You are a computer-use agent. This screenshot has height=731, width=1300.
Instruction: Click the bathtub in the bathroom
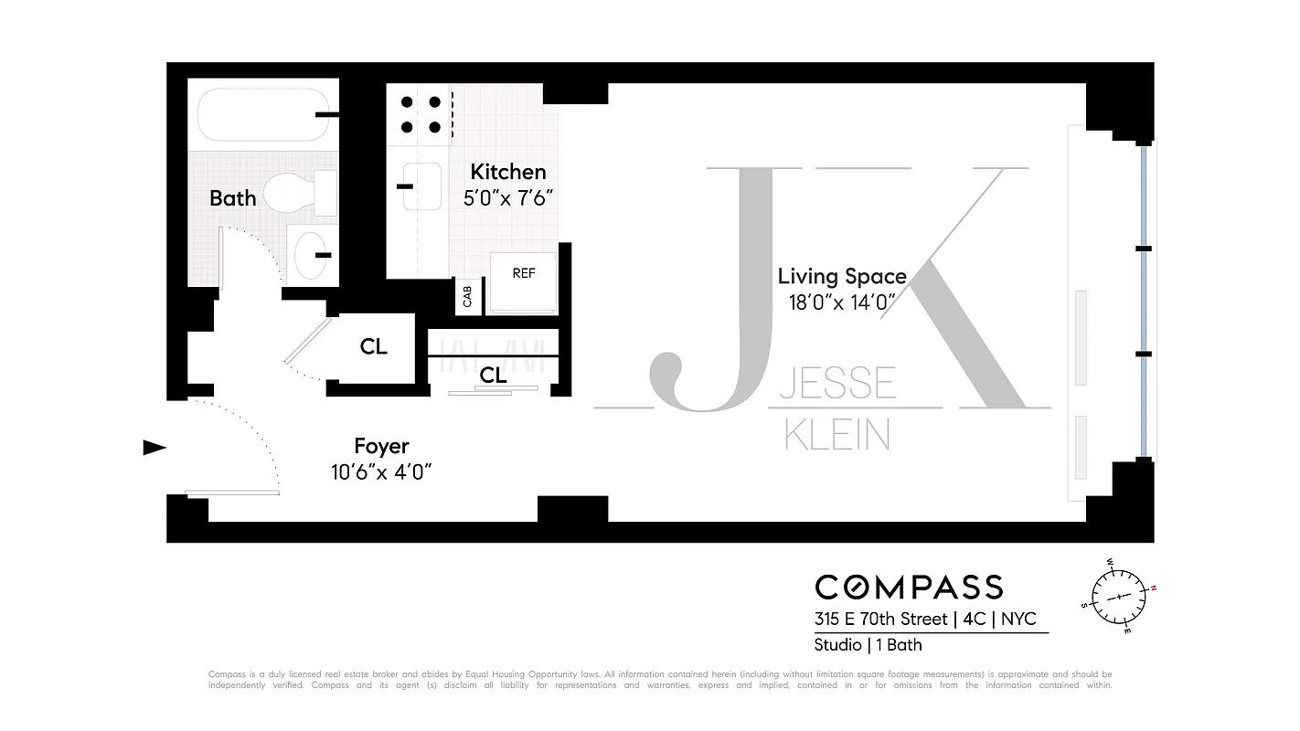(x=261, y=114)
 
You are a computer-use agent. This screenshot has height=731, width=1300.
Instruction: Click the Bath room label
(x=232, y=198)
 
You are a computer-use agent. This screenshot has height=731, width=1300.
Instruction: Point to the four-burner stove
(x=420, y=115)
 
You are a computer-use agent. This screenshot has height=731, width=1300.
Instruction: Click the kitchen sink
(x=421, y=186)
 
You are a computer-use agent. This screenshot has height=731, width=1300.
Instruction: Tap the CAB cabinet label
(x=467, y=296)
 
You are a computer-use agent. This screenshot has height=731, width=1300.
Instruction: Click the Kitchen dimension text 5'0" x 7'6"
(x=508, y=197)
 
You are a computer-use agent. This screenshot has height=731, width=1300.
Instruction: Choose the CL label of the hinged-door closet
(x=373, y=347)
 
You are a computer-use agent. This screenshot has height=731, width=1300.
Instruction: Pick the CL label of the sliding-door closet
(x=494, y=376)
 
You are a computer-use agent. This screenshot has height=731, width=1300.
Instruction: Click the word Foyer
(x=381, y=447)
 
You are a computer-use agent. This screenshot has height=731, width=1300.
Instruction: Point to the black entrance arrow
(x=155, y=448)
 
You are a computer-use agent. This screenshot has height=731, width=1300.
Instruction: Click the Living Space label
(x=842, y=276)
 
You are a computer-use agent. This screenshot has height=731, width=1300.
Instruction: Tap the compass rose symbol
(x=1120, y=595)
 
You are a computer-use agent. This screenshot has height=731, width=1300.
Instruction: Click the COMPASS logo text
(x=909, y=587)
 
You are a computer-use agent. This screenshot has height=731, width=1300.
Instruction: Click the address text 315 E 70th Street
(x=880, y=620)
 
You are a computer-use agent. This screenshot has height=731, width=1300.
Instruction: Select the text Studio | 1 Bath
(x=868, y=645)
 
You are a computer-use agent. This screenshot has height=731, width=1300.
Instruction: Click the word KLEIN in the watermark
(x=837, y=435)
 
